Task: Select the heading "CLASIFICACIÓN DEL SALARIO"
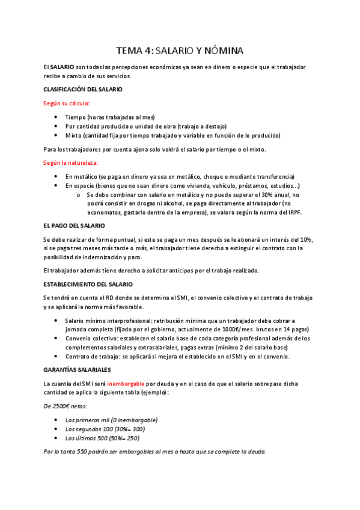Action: [x=83, y=89]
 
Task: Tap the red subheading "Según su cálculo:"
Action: [x=66, y=103]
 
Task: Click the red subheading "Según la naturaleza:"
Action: [x=70, y=162]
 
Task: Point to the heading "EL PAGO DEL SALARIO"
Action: [x=74, y=226]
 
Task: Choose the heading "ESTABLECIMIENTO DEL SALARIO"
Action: [x=88, y=284]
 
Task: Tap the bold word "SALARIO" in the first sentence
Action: [x=63, y=66]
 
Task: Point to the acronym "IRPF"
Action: [x=295, y=212]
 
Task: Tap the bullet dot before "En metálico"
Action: [x=56, y=176]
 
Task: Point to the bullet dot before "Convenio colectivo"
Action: [x=56, y=339]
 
